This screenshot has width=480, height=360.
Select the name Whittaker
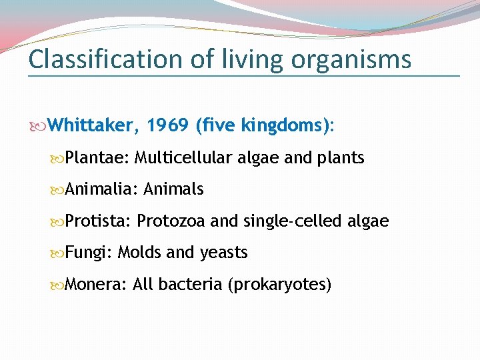[x=93, y=125]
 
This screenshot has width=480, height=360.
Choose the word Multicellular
[x=183, y=158]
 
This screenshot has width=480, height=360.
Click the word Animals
[x=173, y=189]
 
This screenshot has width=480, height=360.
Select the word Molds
[x=139, y=253]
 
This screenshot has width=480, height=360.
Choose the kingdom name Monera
[x=96, y=285]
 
